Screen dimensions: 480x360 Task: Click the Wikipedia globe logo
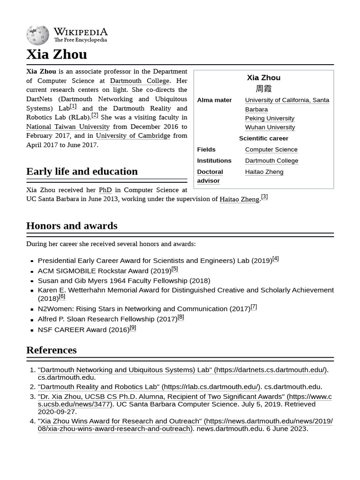[x=37, y=35]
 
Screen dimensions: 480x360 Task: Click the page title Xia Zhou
[x=56, y=54]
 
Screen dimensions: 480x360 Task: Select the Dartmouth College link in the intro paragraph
[x=139, y=81]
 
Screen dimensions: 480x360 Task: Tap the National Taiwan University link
[x=67, y=127]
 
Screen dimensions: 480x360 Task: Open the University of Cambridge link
[x=133, y=135]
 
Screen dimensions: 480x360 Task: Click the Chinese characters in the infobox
[x=263, y=89]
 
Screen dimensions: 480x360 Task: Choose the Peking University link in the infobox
[x=270, y=118]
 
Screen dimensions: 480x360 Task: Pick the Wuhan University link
[x=270, y=127]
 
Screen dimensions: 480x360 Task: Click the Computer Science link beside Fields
[x=271, y=149]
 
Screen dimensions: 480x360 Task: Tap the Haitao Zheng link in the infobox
[x=264, y=172]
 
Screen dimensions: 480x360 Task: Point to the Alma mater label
[x=214, y=100]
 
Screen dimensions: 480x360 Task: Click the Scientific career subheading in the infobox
[x=263, y=138]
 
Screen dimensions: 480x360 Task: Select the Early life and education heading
[x=82, y=171]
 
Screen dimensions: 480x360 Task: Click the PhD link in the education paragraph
[x=105, y=190]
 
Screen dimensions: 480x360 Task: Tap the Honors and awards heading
[x=72, y=225]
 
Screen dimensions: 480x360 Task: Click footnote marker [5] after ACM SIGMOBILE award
[x=174, y=269]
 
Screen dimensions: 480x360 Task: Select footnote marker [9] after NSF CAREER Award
[x=133, y=328]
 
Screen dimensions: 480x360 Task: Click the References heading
[x=51, y=350]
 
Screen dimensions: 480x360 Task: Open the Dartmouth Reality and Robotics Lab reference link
[x=149, y=387]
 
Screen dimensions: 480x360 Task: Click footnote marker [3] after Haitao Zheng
[x=264, y=197]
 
